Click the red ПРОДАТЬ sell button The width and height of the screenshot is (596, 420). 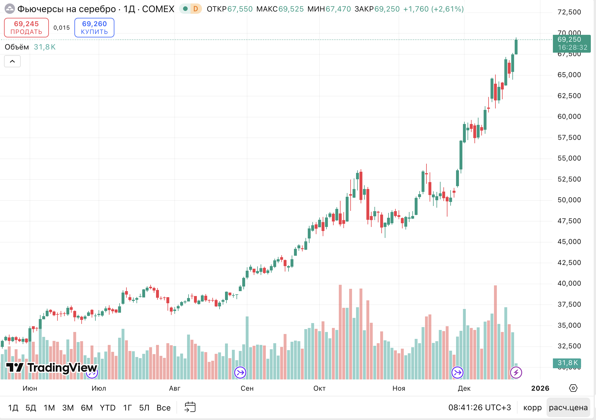pyautogui.click(x=26, y=28)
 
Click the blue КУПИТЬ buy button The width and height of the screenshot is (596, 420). pyautogui.click(x=94, y=28)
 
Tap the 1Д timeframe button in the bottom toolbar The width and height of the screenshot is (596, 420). pyautogui.click(x=13, y=408)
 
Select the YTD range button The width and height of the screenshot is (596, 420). pyautogui.click(x=107, y=408)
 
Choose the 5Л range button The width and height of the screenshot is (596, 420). pyautogui.click(x=144, y=408)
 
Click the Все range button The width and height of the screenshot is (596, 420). pyautogui.click(x=164, y=408)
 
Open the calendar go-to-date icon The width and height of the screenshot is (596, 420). pyautogui.click(x=190, y=407)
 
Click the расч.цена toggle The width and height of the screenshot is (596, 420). pyautogui.click(x=568, y=407)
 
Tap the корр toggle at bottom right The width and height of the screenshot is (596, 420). pyautogui.click(x=532, y=407)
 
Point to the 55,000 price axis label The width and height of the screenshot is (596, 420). pyautogui.click(x=569, y=158)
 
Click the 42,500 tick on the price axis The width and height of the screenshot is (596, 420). pyautogui.click(x=569, y=263)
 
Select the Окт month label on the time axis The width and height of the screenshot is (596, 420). pyautogui.click(x=319, y=388)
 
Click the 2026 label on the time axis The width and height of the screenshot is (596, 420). pyautogui.click(x=540, y=388)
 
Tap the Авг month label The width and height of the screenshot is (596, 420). pyautogui.click(x=175, y=388)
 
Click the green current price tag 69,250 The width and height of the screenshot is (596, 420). pyautogui.click(x=571, y=43)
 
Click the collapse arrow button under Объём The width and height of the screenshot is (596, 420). pyautogui.click(x=12, y=61)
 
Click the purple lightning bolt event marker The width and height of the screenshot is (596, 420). pyautogui.click(x=516, y=373)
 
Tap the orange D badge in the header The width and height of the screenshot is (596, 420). pyautogui.click(x=196, y=9)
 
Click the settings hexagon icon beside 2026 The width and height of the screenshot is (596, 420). pyautogui.click(x=573, y=388)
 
